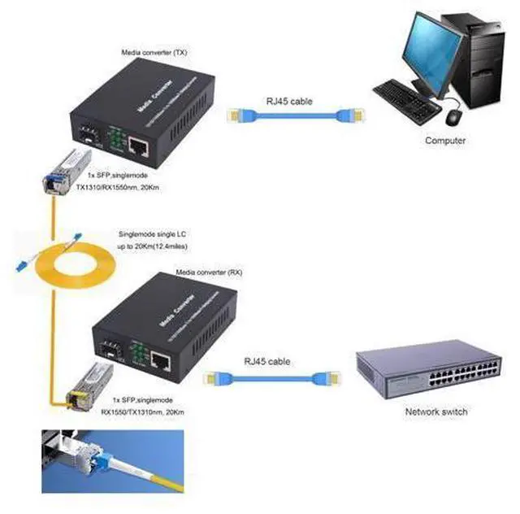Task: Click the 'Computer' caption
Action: point(445,141)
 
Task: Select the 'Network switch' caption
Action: point(436,412)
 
